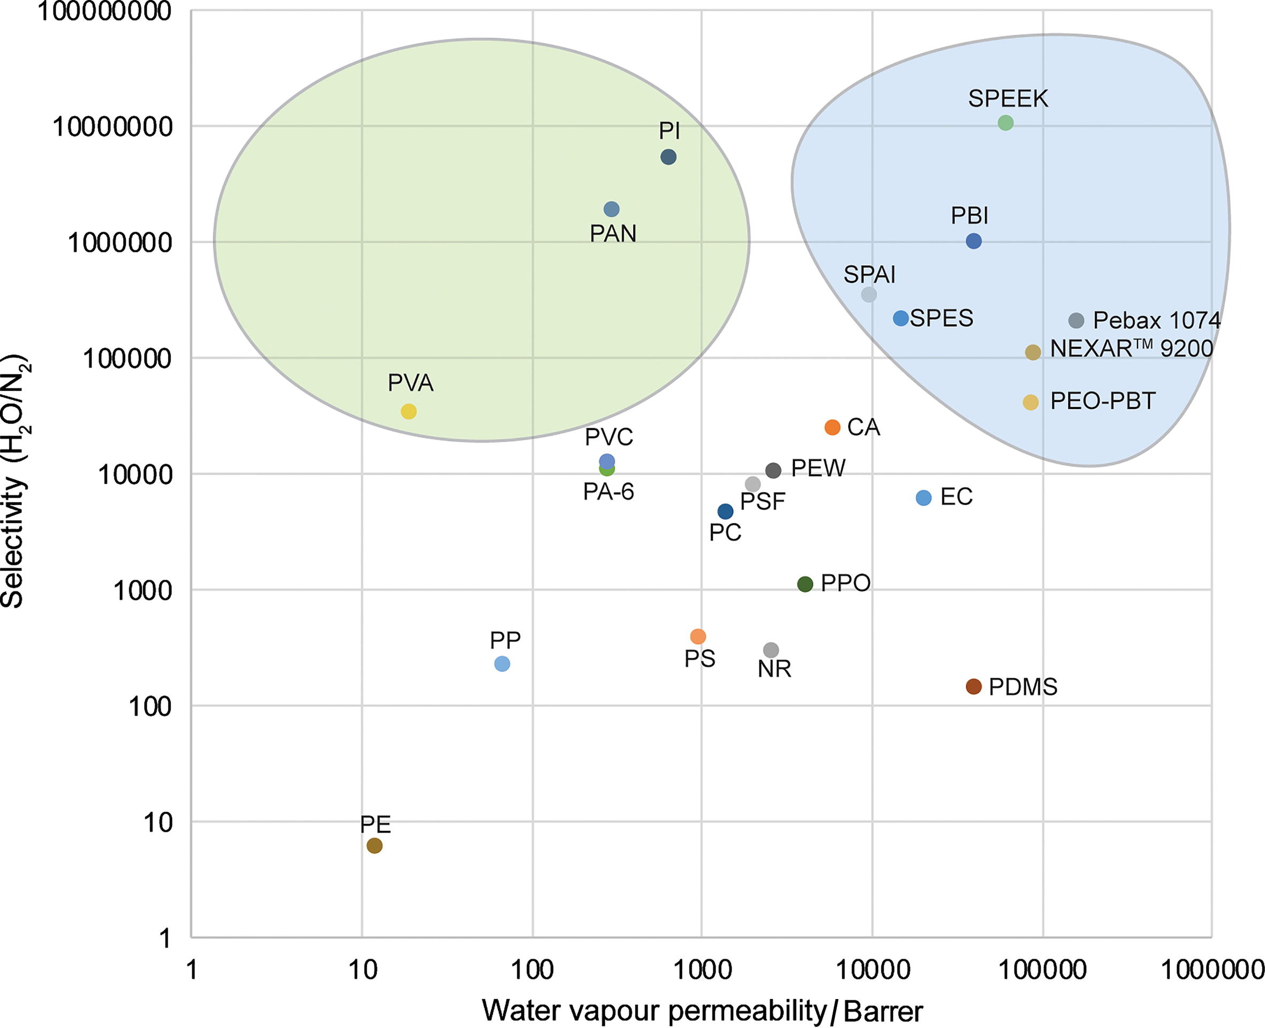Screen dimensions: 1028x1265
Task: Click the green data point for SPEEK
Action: click(x=1005, y=123)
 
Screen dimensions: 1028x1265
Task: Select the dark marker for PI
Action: click(x=668, y=157)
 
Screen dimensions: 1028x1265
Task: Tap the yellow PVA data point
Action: click(x=409, y=411)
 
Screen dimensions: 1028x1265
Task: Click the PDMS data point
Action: click(x=974, y=686)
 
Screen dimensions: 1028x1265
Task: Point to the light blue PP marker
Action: click(x=502, y=664)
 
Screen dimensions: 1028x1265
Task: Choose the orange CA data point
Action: click(x=832, y=427)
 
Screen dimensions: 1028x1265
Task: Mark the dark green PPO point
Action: click(x=805, y=584)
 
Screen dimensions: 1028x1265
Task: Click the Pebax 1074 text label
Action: click(x=1156, y=320)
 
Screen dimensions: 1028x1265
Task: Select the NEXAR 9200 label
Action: click(x=1131, y=349)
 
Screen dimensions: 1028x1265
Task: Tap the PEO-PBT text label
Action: click(x=1102, y=401)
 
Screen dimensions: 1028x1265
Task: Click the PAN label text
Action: click(x=613, y=234)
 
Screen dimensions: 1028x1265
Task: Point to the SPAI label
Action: click(x=869, y=274)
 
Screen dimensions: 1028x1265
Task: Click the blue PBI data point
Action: click(x=974, y=241)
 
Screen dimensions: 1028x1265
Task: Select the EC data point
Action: click(x=923, y=498)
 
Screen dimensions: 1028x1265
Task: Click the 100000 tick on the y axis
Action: click(x=127, y=359)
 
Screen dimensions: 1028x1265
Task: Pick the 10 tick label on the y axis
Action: click(x=157, y=822)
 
